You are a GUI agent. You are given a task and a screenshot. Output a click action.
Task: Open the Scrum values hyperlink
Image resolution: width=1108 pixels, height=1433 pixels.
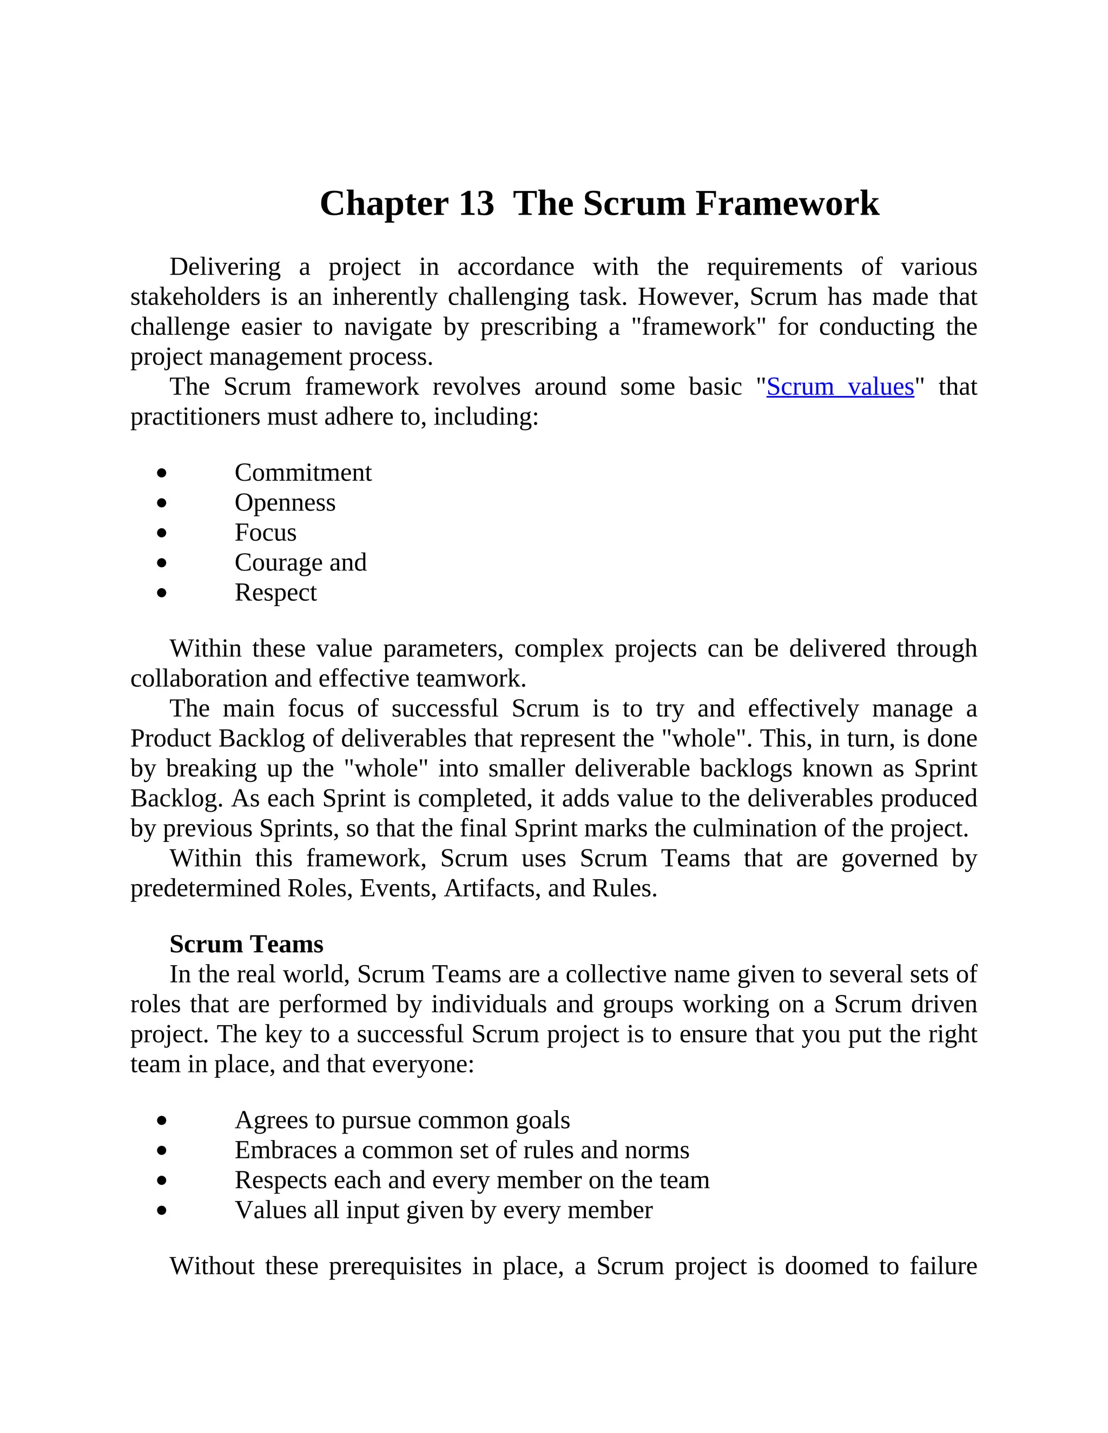(840, 387)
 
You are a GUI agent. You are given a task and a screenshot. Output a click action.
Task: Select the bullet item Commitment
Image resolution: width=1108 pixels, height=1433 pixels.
(302, 473)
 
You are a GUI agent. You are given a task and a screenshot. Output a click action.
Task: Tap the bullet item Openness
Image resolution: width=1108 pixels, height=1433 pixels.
(285, 502)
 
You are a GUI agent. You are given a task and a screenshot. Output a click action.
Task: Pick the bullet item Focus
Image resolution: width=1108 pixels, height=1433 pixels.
(265, 532)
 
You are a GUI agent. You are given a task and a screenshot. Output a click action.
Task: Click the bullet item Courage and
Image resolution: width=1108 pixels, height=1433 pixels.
(300, 562)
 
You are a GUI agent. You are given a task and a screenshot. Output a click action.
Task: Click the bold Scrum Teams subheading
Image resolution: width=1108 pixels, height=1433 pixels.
(246, 944)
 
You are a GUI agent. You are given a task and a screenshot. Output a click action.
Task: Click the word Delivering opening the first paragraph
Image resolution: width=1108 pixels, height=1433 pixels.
(225, 267)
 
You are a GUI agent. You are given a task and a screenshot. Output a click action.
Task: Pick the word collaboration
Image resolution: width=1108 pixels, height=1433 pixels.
(198, 679)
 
